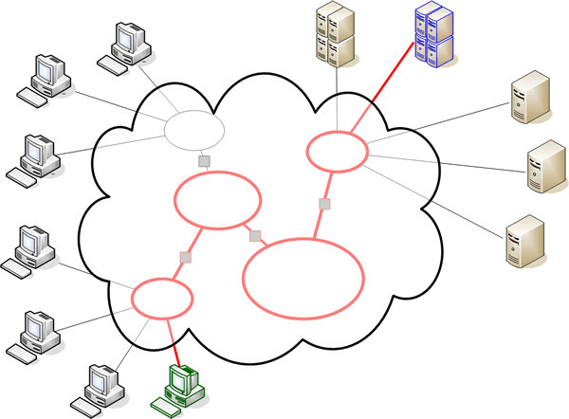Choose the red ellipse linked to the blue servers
(337, 151)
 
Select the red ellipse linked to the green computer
(162, 298)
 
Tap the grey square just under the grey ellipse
(203, 162)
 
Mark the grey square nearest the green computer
(187, 257)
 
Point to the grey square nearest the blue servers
(324, 204)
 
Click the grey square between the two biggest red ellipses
(254, 236)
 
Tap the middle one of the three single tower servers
(543, 168)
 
